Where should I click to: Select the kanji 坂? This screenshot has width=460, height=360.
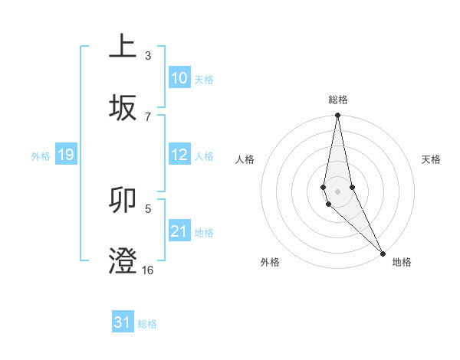(123, 108)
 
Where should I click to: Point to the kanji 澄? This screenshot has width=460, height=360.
(123, 260)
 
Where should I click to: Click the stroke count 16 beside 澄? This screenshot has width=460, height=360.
(147, 270)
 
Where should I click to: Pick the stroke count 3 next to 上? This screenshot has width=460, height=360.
(147, 56)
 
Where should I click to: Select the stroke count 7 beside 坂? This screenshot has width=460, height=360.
(147, 116)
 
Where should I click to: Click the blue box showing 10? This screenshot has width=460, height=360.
(179, 78)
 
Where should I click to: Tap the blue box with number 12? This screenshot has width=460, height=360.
(179, 155)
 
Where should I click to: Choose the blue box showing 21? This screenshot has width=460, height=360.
(179, 231)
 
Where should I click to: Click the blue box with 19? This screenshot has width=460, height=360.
(65, 155)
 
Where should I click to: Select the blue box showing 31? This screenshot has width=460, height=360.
(123, 322)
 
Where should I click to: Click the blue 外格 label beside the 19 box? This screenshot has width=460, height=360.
(41, 156)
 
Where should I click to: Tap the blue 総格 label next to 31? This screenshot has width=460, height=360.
(147, 324)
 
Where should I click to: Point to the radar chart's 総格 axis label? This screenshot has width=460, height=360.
(337, 100)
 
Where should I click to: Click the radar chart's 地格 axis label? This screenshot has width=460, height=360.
(402, 262)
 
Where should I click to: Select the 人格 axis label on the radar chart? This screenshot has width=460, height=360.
(245, 159)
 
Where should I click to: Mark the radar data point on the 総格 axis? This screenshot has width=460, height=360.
(337, 116)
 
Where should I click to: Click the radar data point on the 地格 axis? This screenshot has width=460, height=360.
(383, 253)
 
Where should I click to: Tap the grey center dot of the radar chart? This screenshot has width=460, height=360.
(337, 191)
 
